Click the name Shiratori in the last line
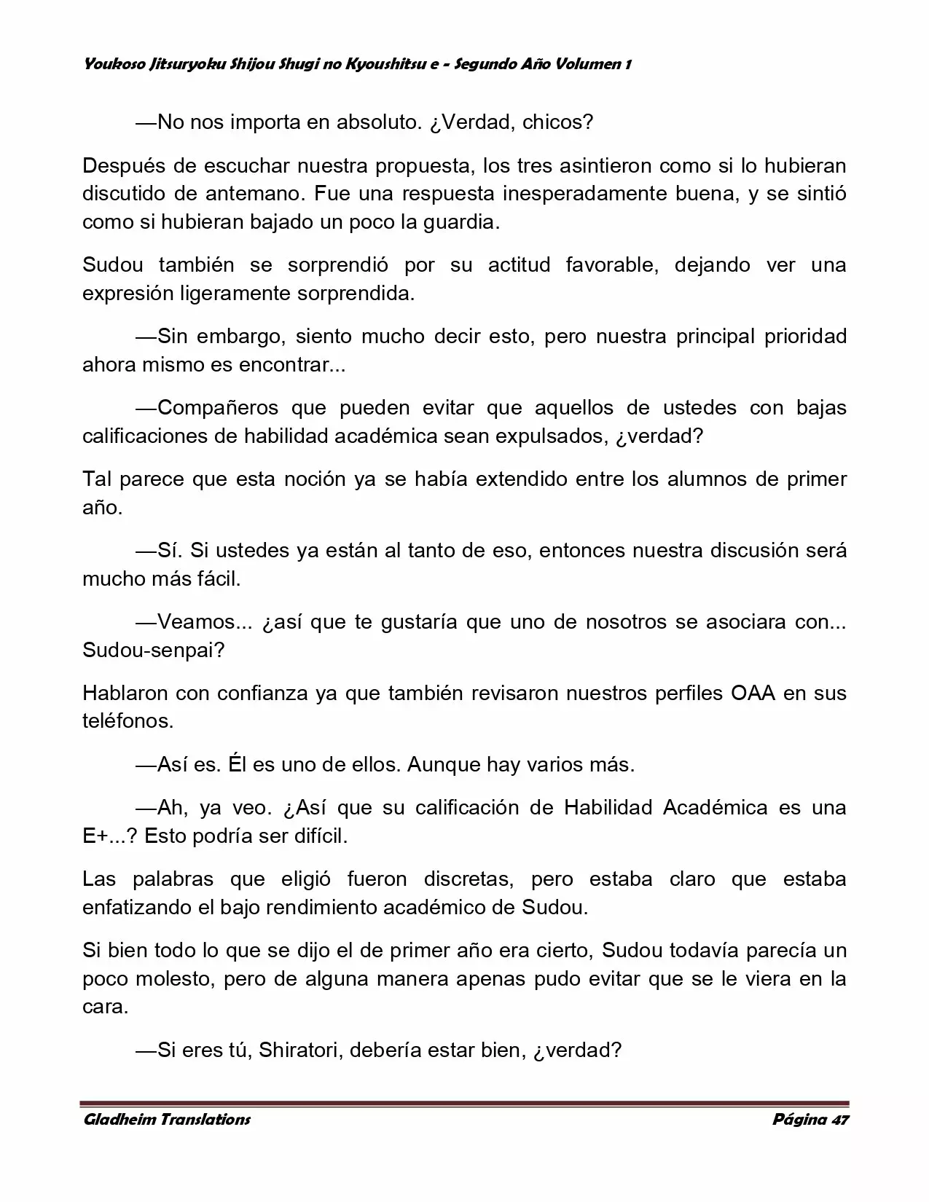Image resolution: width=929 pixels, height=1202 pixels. (299, 1050)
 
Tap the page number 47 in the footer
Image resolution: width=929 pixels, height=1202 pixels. (839, 1120)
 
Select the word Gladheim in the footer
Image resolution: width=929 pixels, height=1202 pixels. (117, 1120)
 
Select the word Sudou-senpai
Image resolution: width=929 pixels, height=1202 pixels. (153, 650)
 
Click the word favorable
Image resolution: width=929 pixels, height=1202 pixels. (612, 264)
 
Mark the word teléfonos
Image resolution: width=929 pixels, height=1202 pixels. (128, 720)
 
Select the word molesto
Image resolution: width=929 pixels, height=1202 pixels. (173, 978)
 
